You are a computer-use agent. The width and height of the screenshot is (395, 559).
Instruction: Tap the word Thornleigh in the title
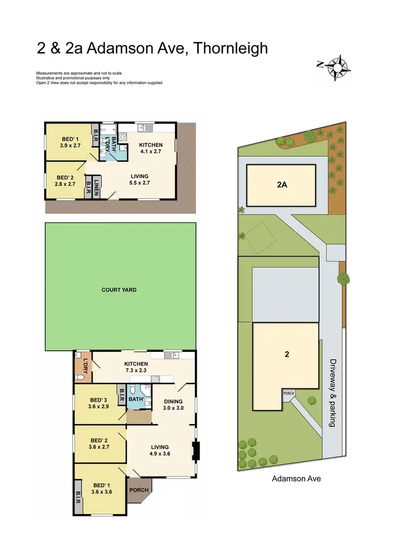pyautogui.click(x=231, y=48)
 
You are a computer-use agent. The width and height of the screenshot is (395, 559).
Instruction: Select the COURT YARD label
pyautogui.click(x=118, y=290)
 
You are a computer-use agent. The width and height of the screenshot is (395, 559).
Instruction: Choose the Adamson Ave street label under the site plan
pyautogui.click(x=296, y=479)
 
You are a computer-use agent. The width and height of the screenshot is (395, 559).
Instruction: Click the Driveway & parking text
pyautogui.click(x=332, y=393)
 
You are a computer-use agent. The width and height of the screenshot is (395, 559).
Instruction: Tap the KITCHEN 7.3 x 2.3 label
pyautogui.click(x=136, y=367)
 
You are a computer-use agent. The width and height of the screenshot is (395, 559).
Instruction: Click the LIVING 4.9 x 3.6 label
pyautogui.click(x=160, y=449)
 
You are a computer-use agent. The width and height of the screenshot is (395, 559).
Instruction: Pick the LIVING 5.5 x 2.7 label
pyautogui.click(x=140, y=180)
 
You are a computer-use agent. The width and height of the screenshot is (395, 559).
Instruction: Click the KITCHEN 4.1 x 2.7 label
pyautogui.click(x=151, y=148)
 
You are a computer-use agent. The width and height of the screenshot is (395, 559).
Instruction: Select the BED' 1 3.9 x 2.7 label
pyautogui.click(x=70, y=142)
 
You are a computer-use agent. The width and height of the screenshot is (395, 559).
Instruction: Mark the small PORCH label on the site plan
pyautogui.click(x=289, y=393)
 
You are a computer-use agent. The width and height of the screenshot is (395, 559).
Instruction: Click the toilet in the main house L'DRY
pyautogui.click(x=81, y=377)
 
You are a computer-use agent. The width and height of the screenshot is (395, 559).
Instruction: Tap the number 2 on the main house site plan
pyautogui.click(x=287, y=354)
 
